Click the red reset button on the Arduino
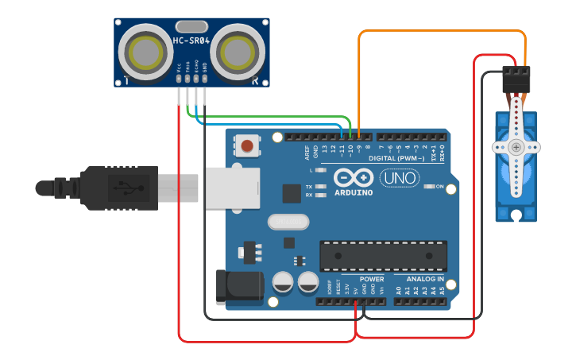(x=248, y=145)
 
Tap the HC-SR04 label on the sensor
(x=191, y=40)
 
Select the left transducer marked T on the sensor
(x=146, y=52)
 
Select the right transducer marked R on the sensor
(x=238, y=52)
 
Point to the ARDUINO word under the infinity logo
(x=353, y=192)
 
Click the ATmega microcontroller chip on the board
(x=383, y=255)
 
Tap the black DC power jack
(x=238, y=287)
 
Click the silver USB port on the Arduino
(x=232, y=188)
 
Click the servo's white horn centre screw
(x=516, y=147)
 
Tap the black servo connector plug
(x=516, y=80)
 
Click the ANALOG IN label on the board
(x=425, y=280)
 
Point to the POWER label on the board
(x=372, y=280)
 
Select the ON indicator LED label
(x=439, y=187)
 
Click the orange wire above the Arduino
(x=442, y=32)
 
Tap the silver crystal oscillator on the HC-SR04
(x=191, y=26)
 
